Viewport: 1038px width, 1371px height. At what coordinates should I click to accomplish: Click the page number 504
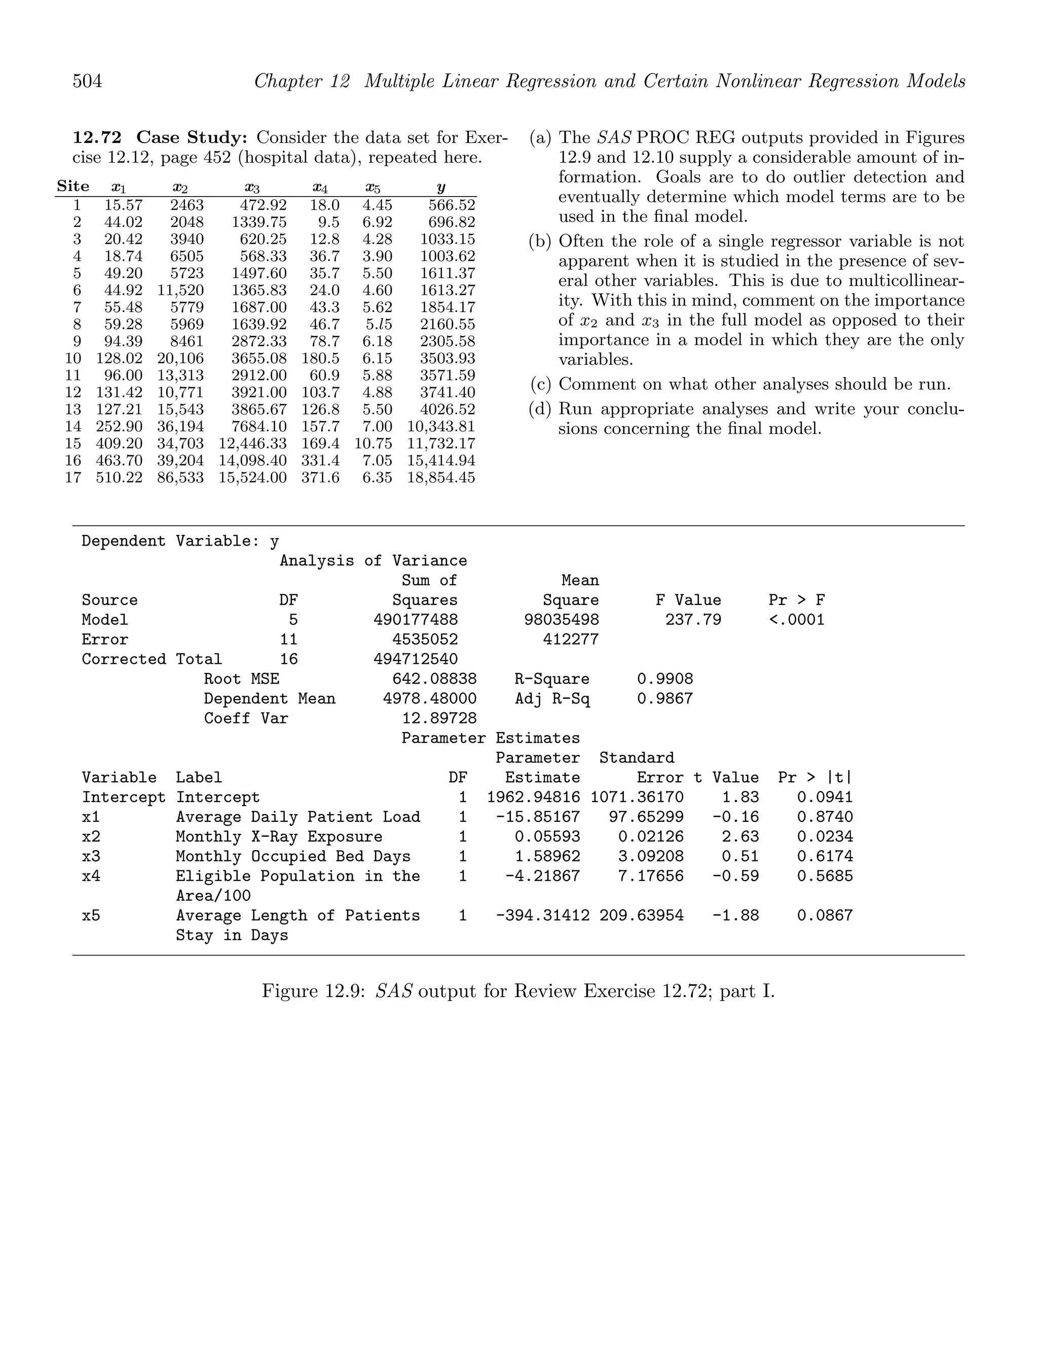(x=88, y=81)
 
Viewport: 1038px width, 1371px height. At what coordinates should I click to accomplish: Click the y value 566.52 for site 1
(x=452, y=205)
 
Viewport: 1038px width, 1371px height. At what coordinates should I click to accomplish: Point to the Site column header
(x=73, y=186)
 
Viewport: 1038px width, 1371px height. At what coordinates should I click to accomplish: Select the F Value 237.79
(x=693, y=620)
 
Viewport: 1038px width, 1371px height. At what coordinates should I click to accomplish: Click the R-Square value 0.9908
(x=665, y=679)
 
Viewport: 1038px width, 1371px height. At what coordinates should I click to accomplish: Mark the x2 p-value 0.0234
(x=825, y=836)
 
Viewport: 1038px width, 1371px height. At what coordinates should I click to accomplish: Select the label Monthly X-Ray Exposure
(x=279, y=836)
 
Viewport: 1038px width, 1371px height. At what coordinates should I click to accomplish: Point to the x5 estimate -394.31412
(x=542, y=916)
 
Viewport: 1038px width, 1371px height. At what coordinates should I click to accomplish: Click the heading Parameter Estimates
(x=491, y=738)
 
